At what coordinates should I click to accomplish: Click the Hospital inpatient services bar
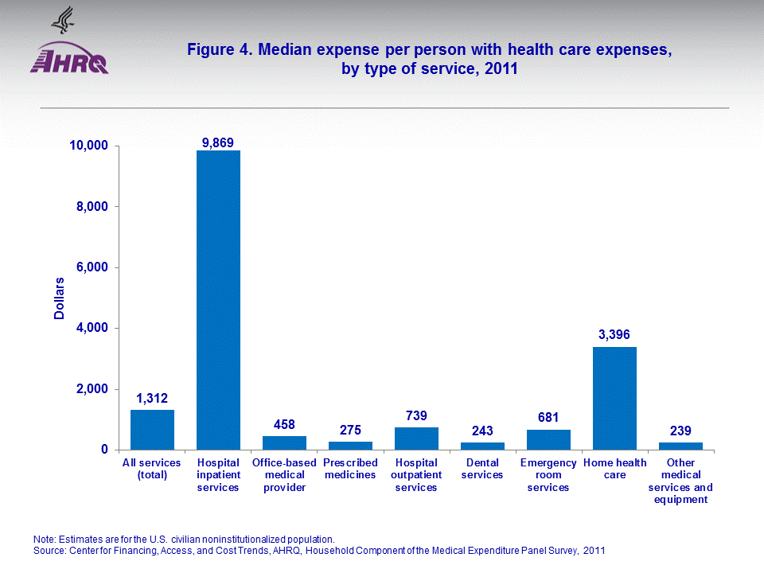coord(218,300)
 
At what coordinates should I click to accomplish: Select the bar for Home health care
coord(614,398)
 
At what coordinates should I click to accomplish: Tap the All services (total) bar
coord(152,430)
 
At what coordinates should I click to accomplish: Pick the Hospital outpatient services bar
coord(416,439)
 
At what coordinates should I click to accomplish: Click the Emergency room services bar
coord(548,439)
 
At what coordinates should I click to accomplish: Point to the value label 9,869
coord(217,142)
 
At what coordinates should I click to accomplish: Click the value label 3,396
coord(614,335)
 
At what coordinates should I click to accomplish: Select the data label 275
coord(350,431)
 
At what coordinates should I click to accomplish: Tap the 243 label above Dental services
coord(482,431)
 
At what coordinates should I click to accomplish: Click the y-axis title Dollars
coord(60,298)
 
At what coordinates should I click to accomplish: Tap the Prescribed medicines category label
coord(350,469)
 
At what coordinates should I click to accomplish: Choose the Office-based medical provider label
coord(284,475)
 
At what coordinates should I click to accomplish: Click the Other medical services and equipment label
coord(680,481)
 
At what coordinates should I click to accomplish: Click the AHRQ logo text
coord(69,63)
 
